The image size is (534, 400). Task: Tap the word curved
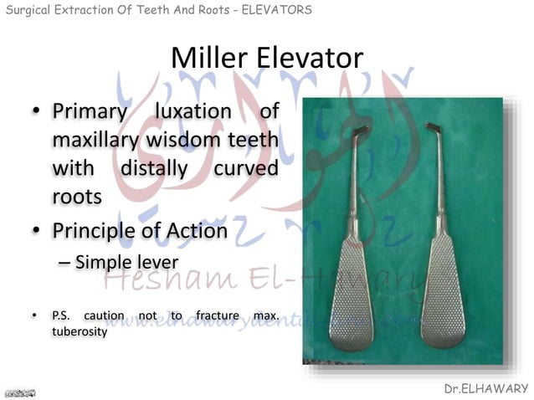click(245, 170)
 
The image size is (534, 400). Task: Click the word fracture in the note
click(219, 316)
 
